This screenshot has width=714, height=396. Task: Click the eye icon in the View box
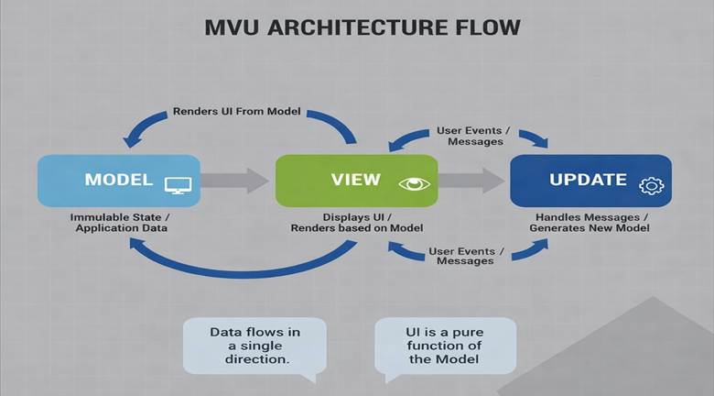point(413,183)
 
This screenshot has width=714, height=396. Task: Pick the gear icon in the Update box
point(652,185)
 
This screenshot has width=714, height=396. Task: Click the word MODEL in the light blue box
point(119,180)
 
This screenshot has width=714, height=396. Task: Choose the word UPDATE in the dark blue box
point(588,180)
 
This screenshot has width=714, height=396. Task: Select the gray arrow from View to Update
point(472,180)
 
